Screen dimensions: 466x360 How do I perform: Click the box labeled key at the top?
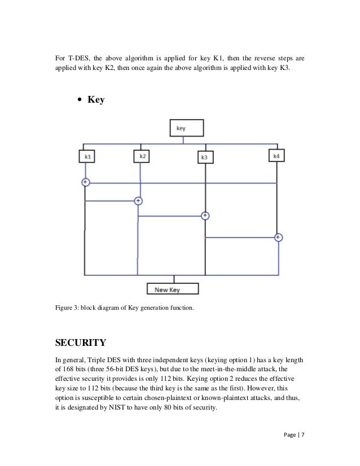point(187,128)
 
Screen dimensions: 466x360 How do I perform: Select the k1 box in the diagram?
point(86,155)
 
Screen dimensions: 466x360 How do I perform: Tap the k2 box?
point(141,155)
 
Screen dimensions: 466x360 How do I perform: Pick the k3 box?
point(205,157)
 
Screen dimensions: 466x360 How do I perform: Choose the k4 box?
point(276,155)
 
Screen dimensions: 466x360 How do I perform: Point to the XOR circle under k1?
point(85,182)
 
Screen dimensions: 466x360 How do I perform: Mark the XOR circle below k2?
point(138,201)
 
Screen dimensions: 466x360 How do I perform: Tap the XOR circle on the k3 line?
point(205,216)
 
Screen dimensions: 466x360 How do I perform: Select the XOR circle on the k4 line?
point(278,238)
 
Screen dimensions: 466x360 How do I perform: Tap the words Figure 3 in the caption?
point(68,307)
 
